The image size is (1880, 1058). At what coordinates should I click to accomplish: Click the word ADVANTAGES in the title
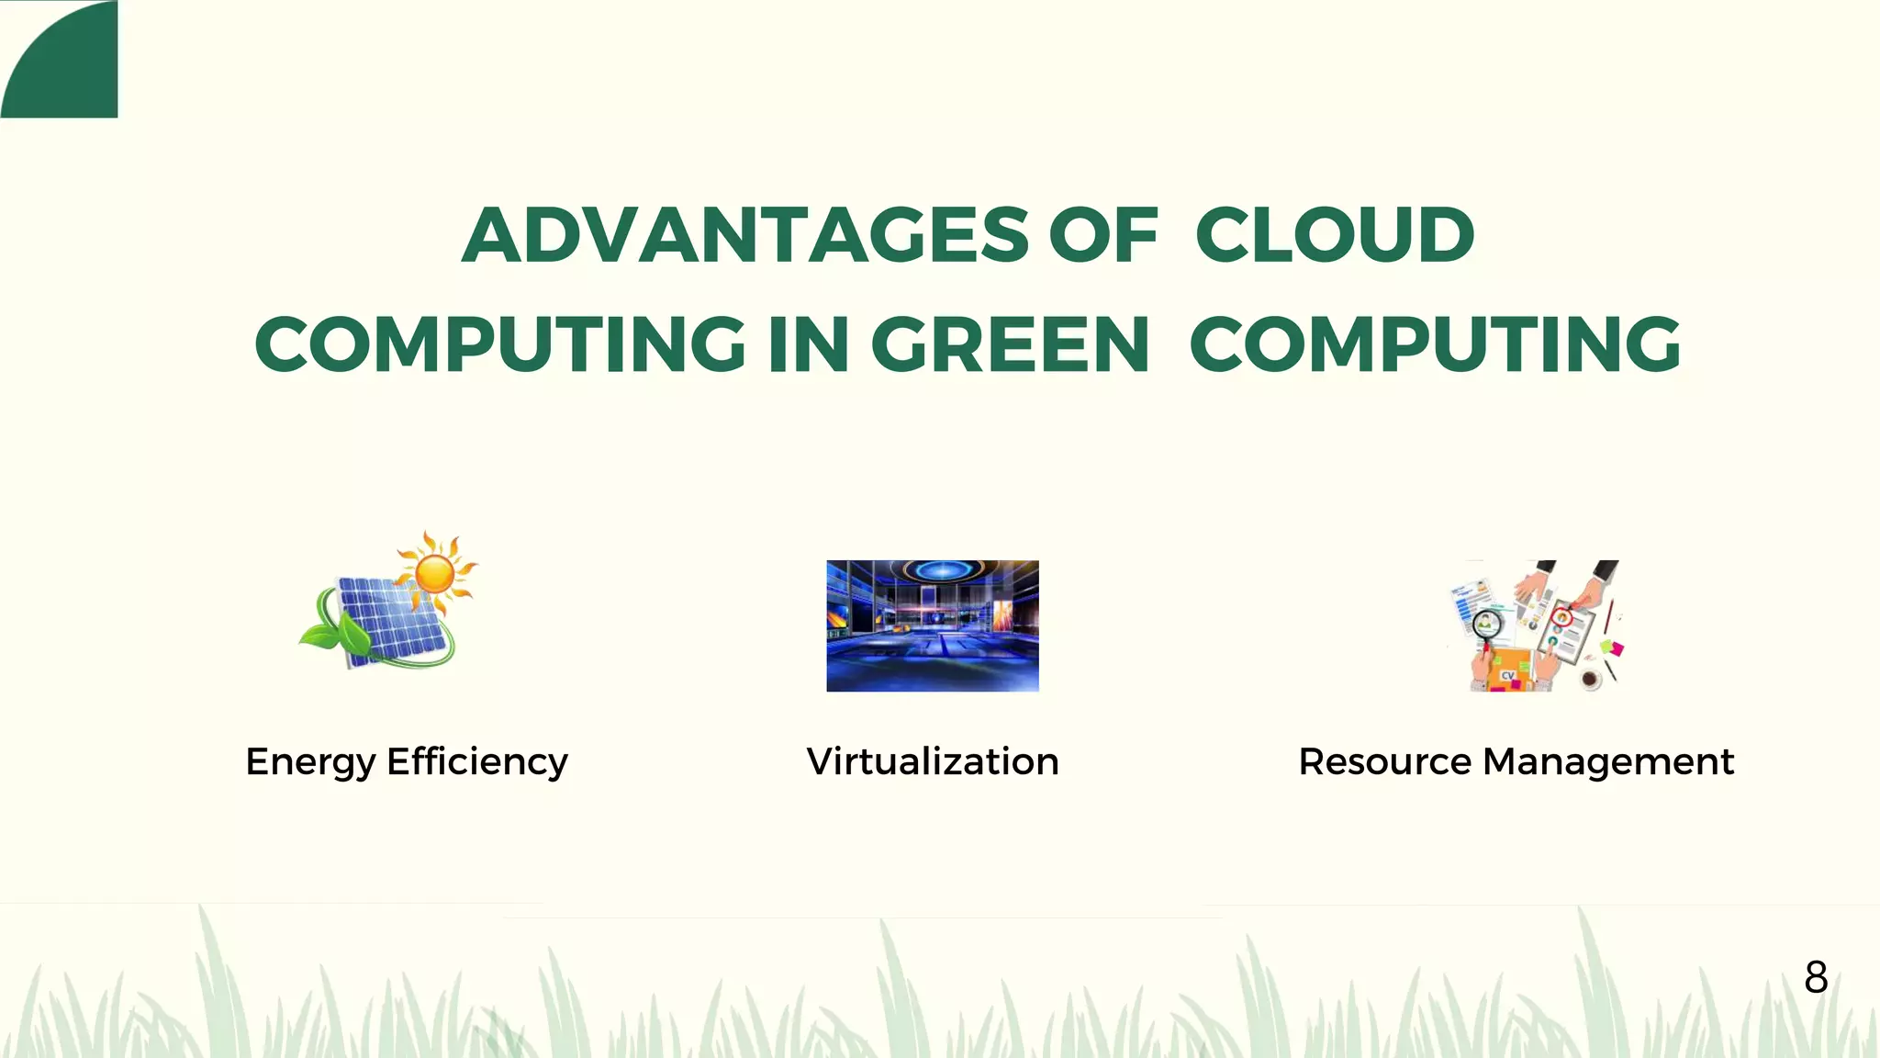coord(745,235)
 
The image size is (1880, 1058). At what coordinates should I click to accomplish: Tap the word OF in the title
coord(1102,235)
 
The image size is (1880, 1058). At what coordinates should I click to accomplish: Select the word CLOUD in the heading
coord(1335,235)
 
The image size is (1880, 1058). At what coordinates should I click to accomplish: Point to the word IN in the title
coord(809,344)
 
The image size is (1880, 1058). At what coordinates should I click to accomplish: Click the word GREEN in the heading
coord(1010,344)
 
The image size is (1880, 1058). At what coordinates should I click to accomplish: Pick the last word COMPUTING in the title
coord(1435,344)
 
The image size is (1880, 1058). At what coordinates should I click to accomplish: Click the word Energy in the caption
coord(310,762)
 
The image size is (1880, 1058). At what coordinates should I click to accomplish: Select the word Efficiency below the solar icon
coord(477,762)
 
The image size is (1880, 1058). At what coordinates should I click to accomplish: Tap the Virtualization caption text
coord(933,761)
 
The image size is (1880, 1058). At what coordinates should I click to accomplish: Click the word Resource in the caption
coord(1385,761)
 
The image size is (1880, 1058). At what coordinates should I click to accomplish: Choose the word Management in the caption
coord(1608,761)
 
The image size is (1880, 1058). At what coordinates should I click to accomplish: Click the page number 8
coord(1816,977)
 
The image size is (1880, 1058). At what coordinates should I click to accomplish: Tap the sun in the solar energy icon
coord(435,573)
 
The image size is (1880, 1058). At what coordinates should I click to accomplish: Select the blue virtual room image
coord(933,625)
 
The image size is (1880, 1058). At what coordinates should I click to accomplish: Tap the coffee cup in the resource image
coord(1591,680)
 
